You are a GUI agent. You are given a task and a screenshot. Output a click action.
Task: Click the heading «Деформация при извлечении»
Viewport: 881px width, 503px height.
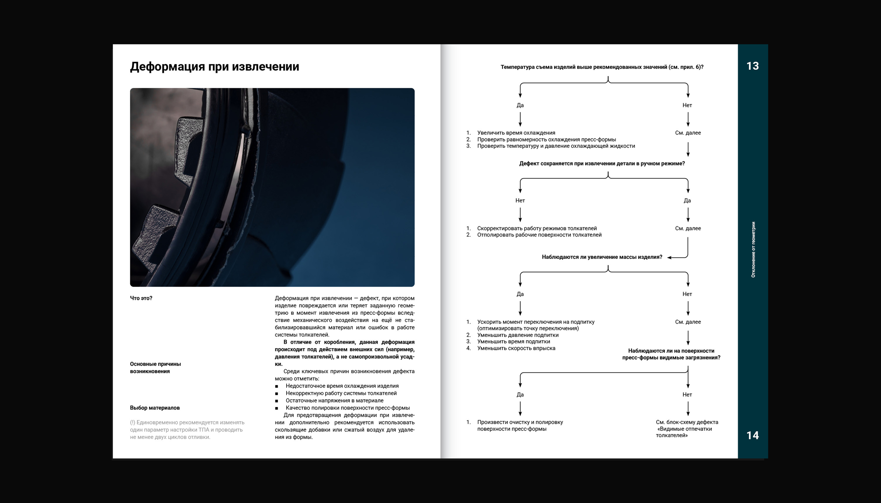point(214,66)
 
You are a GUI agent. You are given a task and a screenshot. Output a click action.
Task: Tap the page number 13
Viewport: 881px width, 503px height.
point(752,66)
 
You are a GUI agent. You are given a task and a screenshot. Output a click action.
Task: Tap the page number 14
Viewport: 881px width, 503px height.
point(752,435)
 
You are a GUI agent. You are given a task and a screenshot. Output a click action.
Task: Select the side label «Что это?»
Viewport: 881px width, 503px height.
point(141,298)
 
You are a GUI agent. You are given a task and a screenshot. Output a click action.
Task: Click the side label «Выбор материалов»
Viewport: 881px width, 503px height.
point(154,408)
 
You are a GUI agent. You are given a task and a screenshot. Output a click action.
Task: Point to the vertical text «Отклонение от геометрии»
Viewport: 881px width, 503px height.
point(753,249)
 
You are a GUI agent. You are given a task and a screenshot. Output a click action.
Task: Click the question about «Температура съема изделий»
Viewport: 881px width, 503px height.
point(602,67)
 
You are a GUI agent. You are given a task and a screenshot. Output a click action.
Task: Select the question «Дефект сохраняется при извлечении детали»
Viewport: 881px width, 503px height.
point(602,163)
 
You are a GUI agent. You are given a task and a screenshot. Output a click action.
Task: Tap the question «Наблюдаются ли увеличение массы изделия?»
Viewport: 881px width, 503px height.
point(602,257)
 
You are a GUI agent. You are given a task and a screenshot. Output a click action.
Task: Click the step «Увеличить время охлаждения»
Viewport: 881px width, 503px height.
point(516,133)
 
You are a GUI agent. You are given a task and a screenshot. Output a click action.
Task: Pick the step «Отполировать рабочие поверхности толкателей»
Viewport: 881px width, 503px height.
point(539,235)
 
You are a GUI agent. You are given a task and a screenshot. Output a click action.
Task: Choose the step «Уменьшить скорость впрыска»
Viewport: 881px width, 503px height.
point(516,348)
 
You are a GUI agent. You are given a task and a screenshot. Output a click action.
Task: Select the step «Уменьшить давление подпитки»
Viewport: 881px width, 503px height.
point(518,335)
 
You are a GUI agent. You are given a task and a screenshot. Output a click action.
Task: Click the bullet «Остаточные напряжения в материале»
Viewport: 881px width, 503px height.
point(334,400)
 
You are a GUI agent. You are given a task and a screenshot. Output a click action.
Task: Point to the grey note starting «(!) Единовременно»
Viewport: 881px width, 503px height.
point(187,429)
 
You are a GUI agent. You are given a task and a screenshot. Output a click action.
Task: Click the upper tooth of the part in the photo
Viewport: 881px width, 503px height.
point(188,145)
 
